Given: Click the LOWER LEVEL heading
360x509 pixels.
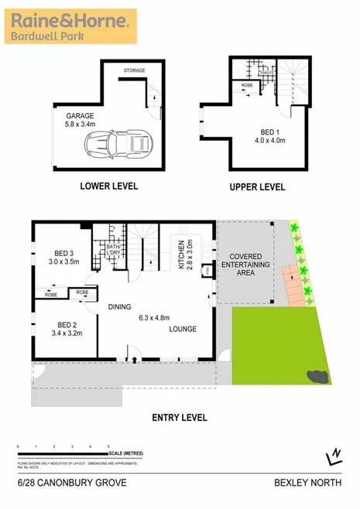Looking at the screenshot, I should tap(109, 186).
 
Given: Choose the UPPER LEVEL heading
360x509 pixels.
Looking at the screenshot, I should tap(257, 186).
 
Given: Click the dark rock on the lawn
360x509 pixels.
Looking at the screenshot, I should tap(316, 376).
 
